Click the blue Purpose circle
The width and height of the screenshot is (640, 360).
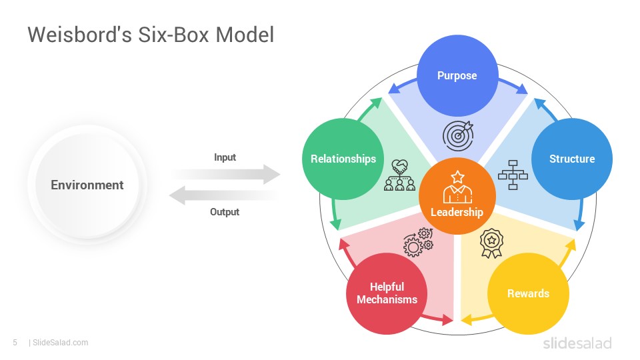457,75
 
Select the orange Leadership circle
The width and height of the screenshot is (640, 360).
457,196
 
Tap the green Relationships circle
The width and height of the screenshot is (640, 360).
343,159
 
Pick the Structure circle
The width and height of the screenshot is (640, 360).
572,159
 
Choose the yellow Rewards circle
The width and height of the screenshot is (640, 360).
528,293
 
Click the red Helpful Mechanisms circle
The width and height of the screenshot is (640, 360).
387,293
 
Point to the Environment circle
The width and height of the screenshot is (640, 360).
87,185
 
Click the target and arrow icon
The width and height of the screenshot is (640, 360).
458,135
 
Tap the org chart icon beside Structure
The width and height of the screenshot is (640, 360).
513,175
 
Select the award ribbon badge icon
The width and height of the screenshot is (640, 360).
491,243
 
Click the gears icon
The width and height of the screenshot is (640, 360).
419,242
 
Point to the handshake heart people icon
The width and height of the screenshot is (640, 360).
399,175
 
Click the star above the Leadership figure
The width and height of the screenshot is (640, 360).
457,177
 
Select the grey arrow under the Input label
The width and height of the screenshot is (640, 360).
225,174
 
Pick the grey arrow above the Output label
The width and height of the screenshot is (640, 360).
224,195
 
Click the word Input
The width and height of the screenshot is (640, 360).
225,157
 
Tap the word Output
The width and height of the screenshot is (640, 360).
225,212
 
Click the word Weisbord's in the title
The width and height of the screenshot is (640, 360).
79,34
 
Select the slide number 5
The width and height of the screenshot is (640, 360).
15,343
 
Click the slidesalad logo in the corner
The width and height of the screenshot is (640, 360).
577,343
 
